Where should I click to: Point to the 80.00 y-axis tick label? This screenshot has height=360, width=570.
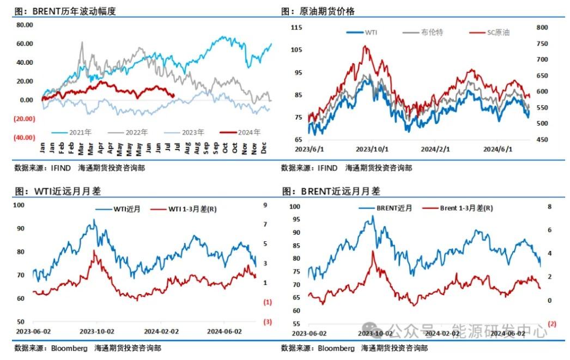pyautogui.click(x=24, y=25)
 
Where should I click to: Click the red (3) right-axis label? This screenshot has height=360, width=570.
pyautogui.click(x=267, y=321)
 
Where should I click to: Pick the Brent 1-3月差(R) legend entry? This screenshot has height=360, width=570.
pyautogui.click(x=466, y=208)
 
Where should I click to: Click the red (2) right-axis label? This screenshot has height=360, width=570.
pyautogui.click(x=551, y=324)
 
